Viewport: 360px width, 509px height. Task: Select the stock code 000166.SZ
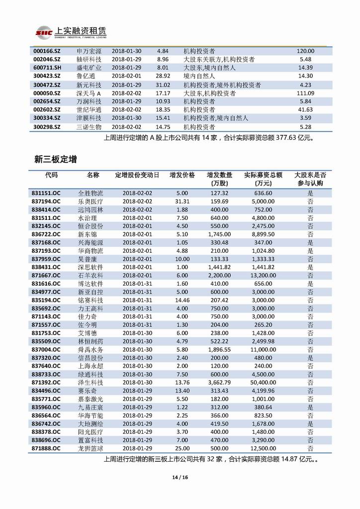tap(46, 51)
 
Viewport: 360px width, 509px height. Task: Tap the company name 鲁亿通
tap(87, 76)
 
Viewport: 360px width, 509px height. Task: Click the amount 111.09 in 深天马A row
tap(305, 93)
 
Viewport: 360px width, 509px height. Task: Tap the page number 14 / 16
tap(180, 478)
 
